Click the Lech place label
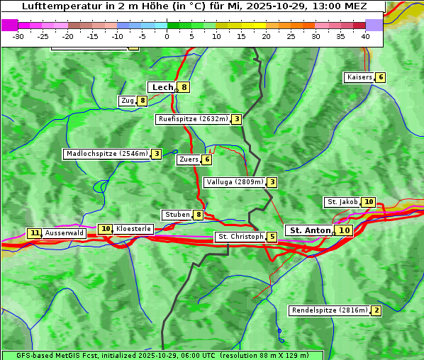click(162, 87)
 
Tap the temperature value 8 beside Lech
click(184, 88)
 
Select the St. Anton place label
click(310, 230)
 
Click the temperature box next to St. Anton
click(345, 230)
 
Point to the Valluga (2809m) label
click(235, 182)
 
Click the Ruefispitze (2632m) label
click(193, 119)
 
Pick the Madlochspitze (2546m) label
click(106, 154)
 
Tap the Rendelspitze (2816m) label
click(330, 310)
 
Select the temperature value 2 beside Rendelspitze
click(376, 310)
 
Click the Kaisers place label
click(359, 77)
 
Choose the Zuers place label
click(189, 159)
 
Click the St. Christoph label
click(240, 237)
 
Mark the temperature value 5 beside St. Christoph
click(272, 237)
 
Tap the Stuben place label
click(177, 215)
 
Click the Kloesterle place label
click(133, 229)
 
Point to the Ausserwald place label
click(65, 233)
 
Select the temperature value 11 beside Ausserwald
click(34, 233)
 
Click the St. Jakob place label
click(342, 202)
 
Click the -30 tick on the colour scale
click(18, 36)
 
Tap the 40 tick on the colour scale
click(365, 36)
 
